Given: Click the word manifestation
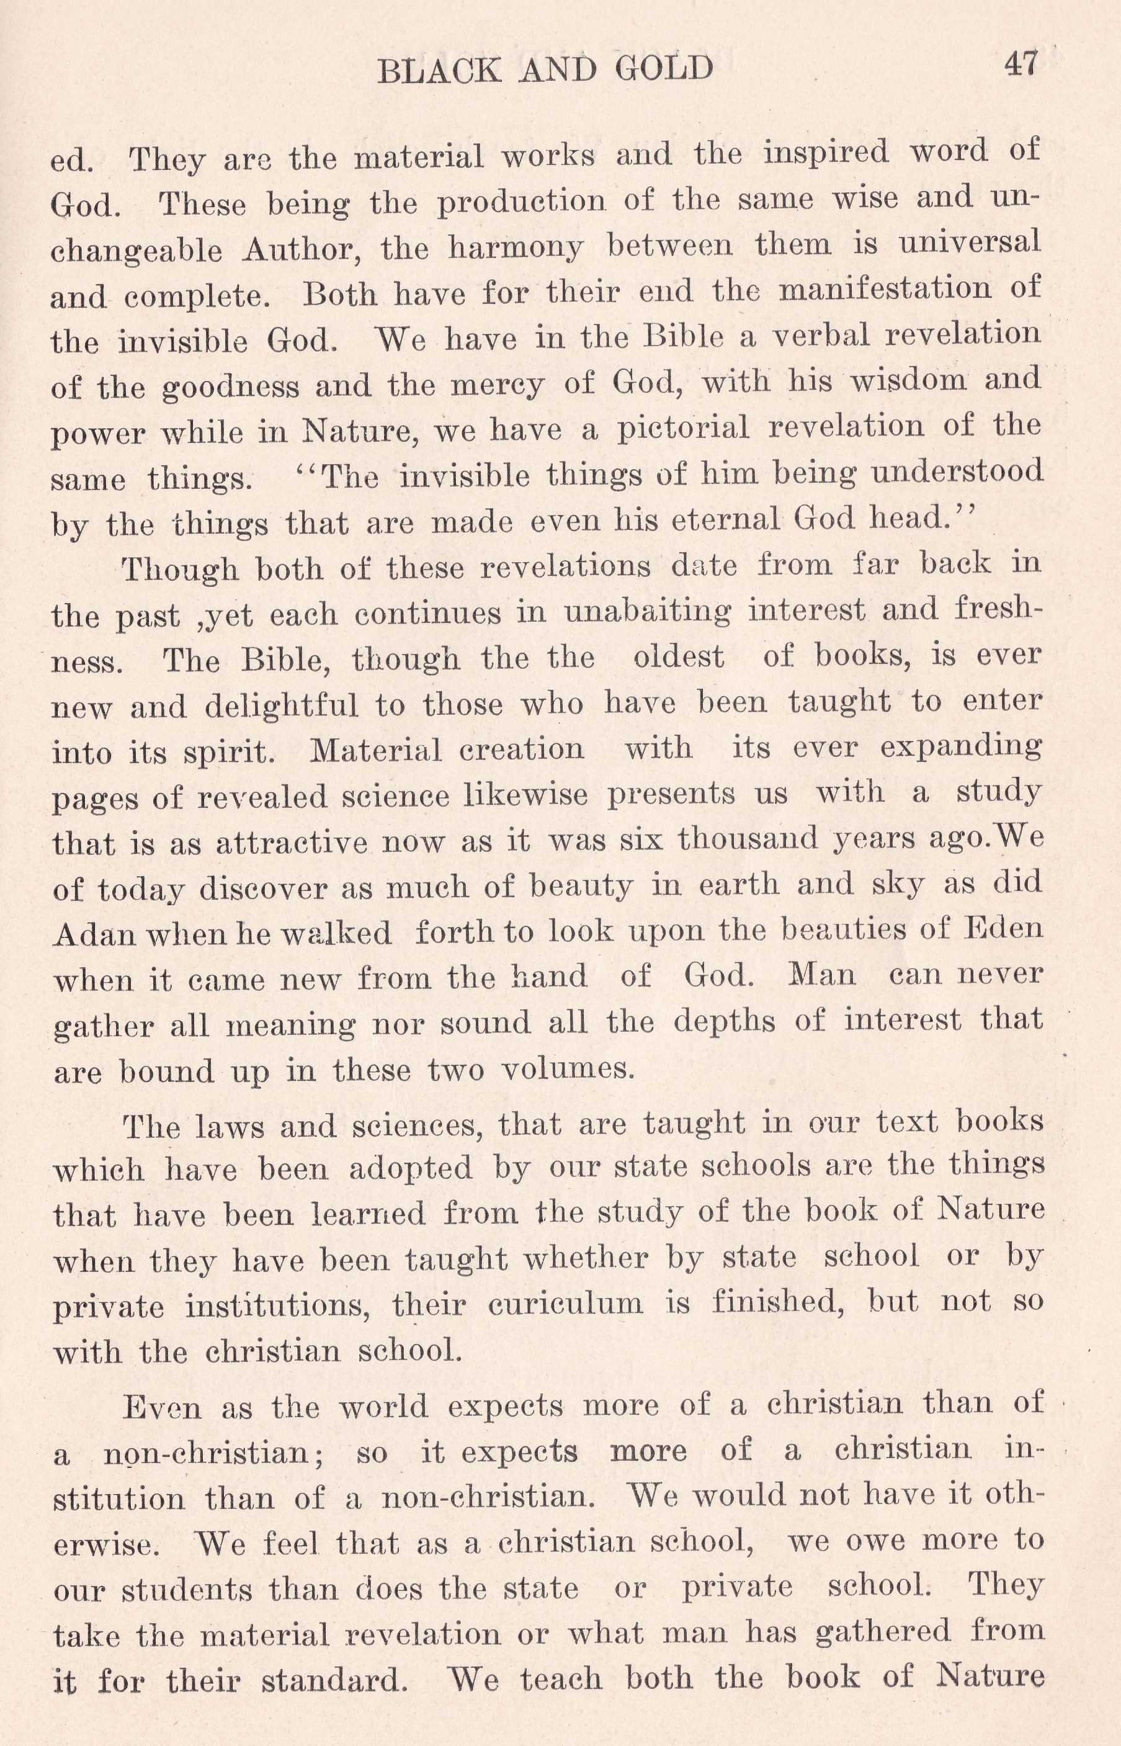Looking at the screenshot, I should click(x=885, y=290).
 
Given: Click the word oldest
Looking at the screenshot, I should click(x=679, y=658).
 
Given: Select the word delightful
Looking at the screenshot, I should click(x=281, y=705).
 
